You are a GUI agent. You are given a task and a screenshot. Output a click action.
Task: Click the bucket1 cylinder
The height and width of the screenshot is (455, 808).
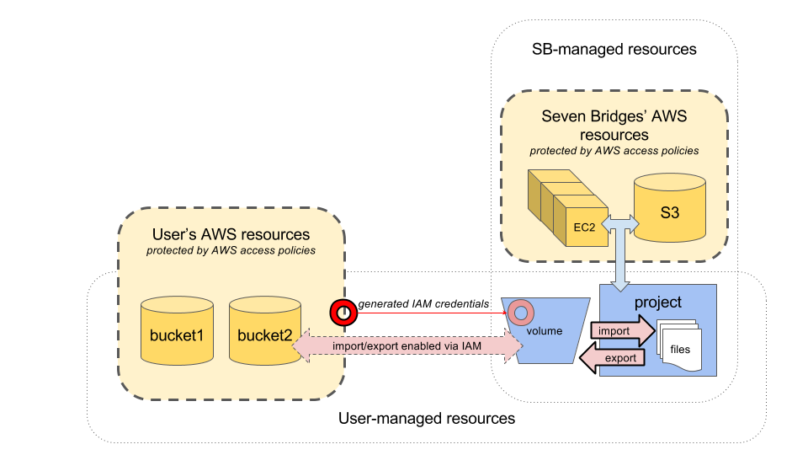[177, 334]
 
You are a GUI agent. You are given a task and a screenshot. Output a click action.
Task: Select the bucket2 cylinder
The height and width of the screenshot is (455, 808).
[264, 334]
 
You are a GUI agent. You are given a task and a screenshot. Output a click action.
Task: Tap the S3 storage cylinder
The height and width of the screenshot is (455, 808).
[669, 211]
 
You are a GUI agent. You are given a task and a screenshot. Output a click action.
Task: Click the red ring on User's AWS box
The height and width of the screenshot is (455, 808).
[343, 313]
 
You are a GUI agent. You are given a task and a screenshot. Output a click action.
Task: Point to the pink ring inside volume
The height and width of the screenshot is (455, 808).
[520, 313]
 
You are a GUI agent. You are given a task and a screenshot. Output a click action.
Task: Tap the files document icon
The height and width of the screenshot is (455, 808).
[678, 345]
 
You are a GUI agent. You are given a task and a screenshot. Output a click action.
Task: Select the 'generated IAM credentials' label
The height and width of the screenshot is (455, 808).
[423, 304]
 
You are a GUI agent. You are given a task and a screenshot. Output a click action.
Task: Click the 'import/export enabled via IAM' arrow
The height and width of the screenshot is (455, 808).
[407, 345]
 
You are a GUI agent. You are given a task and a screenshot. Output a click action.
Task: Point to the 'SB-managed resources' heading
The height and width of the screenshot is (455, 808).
[614, 49]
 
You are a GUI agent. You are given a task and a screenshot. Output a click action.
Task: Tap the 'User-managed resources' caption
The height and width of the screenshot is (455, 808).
[427, 418]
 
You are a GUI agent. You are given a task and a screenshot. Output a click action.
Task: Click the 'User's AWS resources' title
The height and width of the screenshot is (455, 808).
[231, 234]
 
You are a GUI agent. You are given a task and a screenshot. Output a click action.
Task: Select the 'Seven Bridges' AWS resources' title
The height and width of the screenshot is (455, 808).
[614, 126]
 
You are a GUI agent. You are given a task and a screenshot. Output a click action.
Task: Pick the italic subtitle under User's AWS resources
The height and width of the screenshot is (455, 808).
[231, 250]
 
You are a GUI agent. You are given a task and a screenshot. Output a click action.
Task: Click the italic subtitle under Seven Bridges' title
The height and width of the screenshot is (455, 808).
[614, 151]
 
